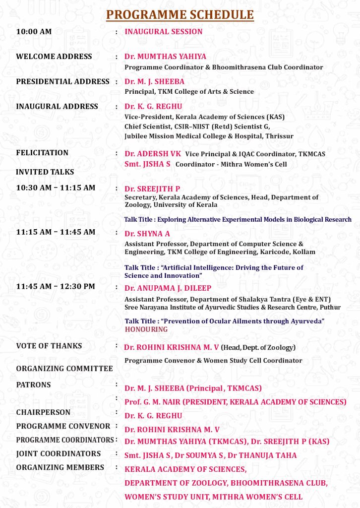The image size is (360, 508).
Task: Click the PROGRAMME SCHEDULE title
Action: point(180,15)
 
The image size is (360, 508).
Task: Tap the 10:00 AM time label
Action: point(34,32)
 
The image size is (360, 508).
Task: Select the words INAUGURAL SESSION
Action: point(164,32)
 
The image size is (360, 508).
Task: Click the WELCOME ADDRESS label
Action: point(54,57)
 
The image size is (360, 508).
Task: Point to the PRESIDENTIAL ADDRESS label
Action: point(63,81)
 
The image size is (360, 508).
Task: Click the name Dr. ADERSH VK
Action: point(153,154)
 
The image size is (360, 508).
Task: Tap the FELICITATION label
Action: point(42,153)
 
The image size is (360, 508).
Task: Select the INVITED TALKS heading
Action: point(45,172)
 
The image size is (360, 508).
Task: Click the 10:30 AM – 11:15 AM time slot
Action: point(56,188)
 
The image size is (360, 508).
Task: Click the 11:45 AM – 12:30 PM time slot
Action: point(56,287)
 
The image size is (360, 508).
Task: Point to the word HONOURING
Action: point(146,329)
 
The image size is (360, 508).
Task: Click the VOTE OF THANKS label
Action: point(49,346)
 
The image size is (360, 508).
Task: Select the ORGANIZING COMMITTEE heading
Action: point(64,369)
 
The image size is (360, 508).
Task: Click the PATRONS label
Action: point(33,385)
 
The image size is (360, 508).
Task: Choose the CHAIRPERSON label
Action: point(43,412)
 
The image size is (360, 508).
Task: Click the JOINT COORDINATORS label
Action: point(59,453)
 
